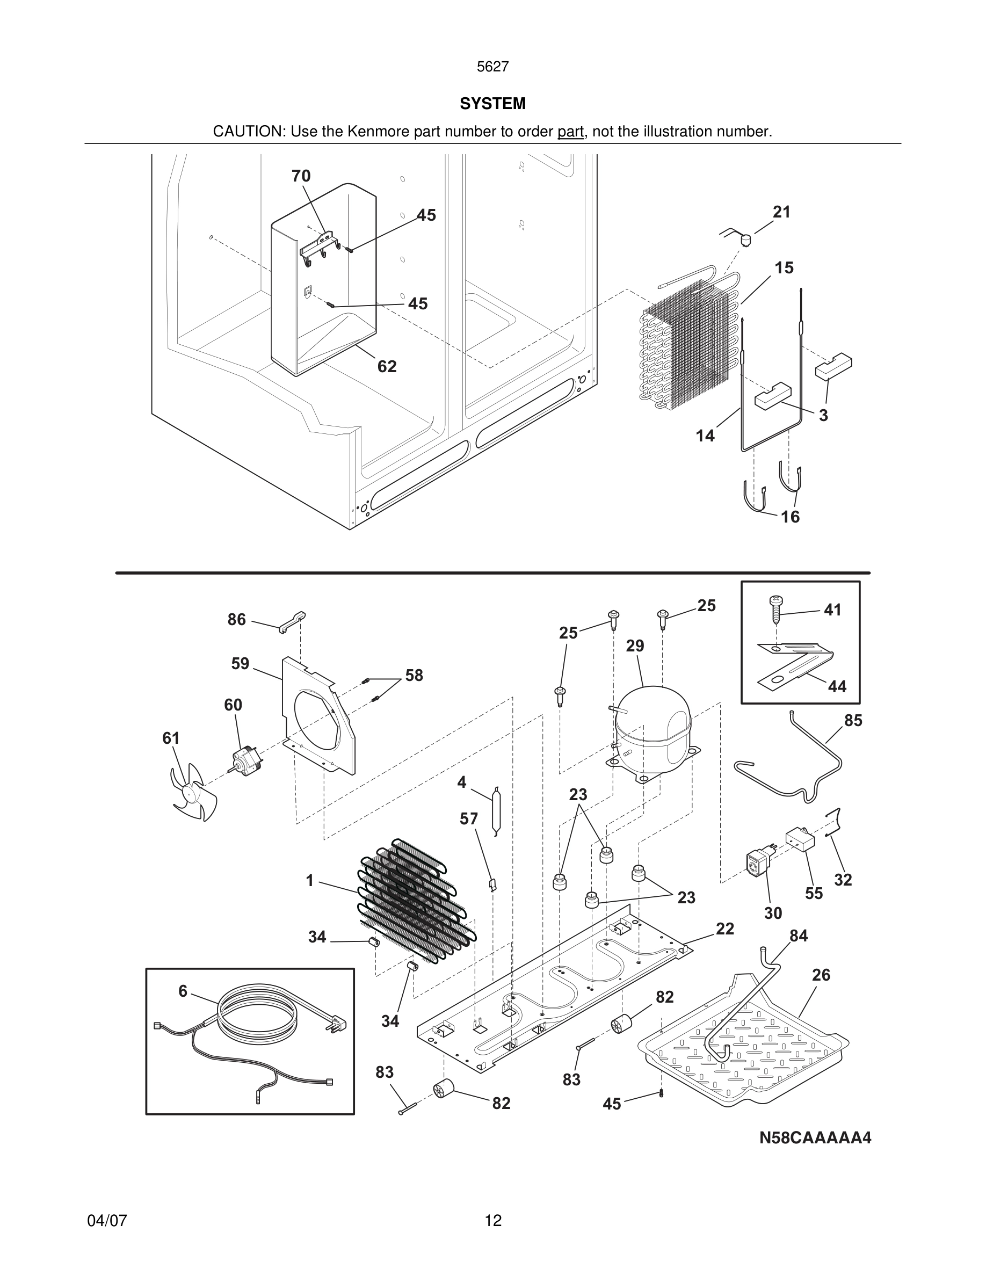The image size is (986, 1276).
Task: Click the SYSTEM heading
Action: pyautogui.click(x=492, y=104)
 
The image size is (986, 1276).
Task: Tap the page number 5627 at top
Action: pyautogui.click(x=492, y=67)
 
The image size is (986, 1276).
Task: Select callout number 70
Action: pyautogui.click(x=301, y=176)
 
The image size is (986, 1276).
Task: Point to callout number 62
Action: pyautogui.click(x=387, y=366)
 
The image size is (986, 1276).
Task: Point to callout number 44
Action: pyautogui.click(x=837, y=686)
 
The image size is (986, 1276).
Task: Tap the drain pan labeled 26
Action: pyautogui.click(x=742, y=1052)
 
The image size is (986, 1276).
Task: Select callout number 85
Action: pyautogui.click(x=853, y=720)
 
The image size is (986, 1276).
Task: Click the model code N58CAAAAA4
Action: pyautogui.click(x=815, y=1138)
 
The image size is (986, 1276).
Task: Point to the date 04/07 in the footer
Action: pyautogui.click(x=107, y=1221)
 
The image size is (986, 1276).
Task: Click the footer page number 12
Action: pyautogui.click(x=493, y=1221)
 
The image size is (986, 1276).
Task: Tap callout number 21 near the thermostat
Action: pyautogui.click(x=781, y=212)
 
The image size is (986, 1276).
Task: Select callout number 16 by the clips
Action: pyautogui.click(x=790, y=517)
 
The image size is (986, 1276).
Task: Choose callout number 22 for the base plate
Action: pyautogui.click(x=724, y=929)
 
